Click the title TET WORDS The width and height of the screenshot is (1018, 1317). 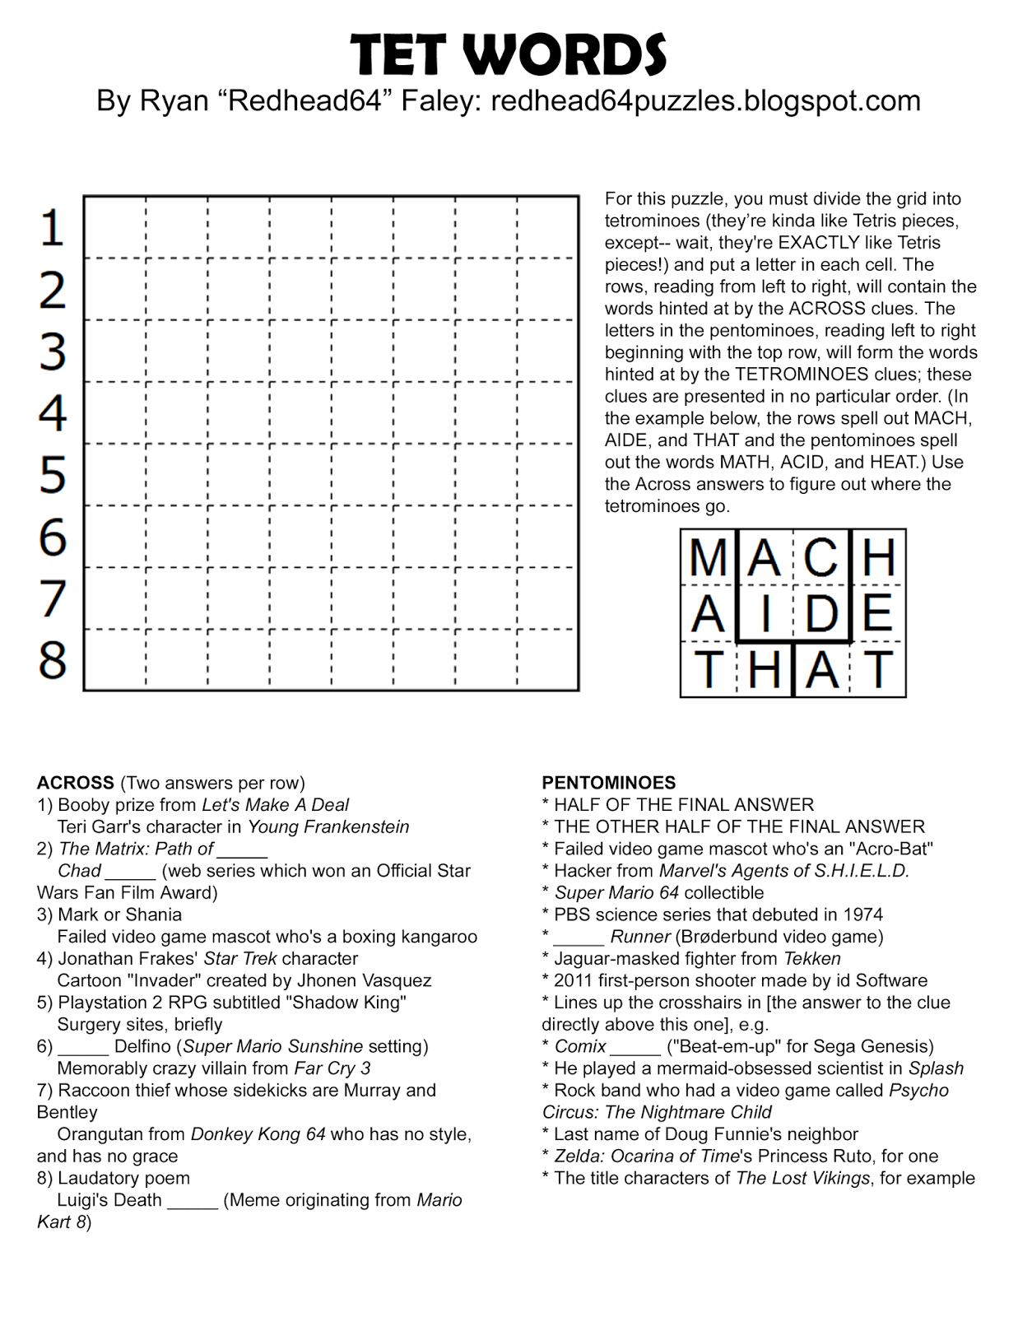[508, 56]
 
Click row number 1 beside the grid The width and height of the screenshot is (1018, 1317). [52, 228]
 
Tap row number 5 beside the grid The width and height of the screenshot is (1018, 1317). [52, 475]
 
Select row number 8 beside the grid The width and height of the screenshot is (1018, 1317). [52, 660]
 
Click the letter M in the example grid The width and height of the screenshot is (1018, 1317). [708, 558]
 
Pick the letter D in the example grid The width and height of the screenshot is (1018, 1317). [820, 613]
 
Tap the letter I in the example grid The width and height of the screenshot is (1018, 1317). [765, 613]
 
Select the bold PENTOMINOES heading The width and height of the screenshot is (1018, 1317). [608, 783]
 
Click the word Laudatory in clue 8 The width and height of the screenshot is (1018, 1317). [95, 1178]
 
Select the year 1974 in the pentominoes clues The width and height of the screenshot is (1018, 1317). [860, 914]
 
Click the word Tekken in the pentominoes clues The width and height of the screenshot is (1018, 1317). [812, 958]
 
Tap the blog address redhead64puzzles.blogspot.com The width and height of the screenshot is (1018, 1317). [705, 101]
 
